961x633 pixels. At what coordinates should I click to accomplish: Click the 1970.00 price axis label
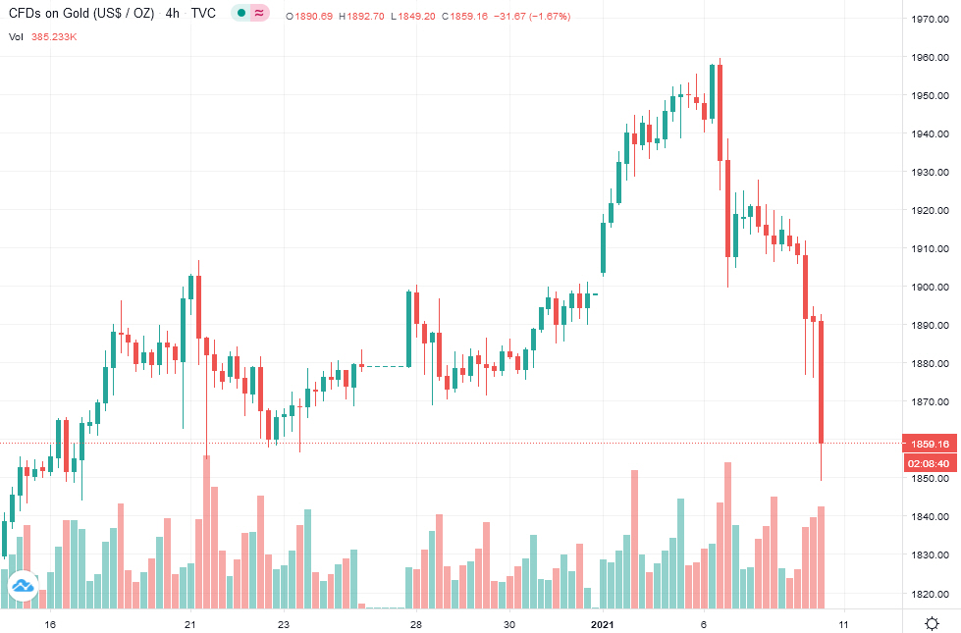point(929,19)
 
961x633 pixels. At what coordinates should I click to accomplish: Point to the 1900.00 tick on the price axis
point(929,287)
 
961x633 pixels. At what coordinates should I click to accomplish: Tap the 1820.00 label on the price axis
point(929,594)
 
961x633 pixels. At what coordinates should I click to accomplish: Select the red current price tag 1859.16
point(930,443)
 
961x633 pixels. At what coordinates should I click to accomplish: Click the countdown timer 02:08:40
point(930,463)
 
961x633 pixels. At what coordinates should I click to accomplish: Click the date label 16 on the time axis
point(51,624)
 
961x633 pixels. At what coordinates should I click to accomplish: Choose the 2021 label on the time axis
point(603,624)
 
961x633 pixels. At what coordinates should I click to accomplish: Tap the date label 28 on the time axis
point(416,624)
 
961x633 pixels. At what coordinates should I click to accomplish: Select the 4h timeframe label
point(173,13)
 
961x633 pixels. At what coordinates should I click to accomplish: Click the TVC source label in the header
point(203,13)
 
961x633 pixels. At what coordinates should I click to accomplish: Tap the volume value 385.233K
point(56,36)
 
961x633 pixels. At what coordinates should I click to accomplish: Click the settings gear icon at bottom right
point(932,623)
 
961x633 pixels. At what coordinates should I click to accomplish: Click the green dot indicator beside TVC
point(240,13)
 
